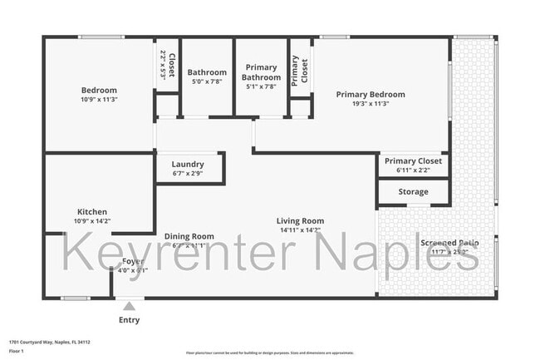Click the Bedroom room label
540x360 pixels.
click(99, 90)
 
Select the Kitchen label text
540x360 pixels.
click(92, 212)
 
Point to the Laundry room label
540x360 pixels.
click(188, 165)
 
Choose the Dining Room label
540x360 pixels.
click(189, 236)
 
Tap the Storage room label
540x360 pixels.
click(413, 192)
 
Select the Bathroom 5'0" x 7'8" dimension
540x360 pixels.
click(207, 82)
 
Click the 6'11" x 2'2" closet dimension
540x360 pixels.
click(413, 170)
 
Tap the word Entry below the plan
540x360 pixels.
click(130, 320)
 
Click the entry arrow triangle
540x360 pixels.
click(129, 307)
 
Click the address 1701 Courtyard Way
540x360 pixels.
click(50, 342)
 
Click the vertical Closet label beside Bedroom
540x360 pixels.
click(171, 66)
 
